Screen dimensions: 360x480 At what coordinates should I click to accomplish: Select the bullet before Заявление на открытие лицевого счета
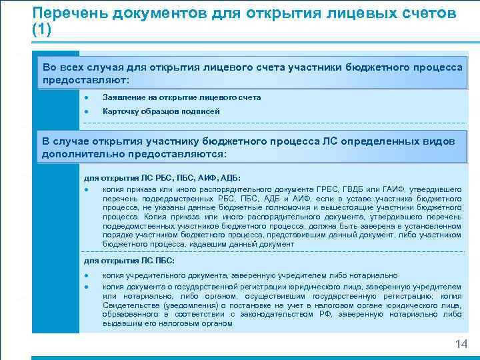coord(87,97)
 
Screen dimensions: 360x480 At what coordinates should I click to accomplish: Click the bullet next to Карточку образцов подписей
coord(87,111)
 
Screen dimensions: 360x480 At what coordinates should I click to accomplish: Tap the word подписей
coord(202,111)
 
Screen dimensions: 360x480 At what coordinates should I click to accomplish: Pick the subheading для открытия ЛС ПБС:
coord(128,260)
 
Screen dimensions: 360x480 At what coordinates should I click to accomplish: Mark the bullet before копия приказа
coord(87,189)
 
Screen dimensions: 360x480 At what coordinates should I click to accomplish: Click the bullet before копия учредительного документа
coord(87,275)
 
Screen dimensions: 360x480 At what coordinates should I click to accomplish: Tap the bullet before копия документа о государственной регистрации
coord(87,286)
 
